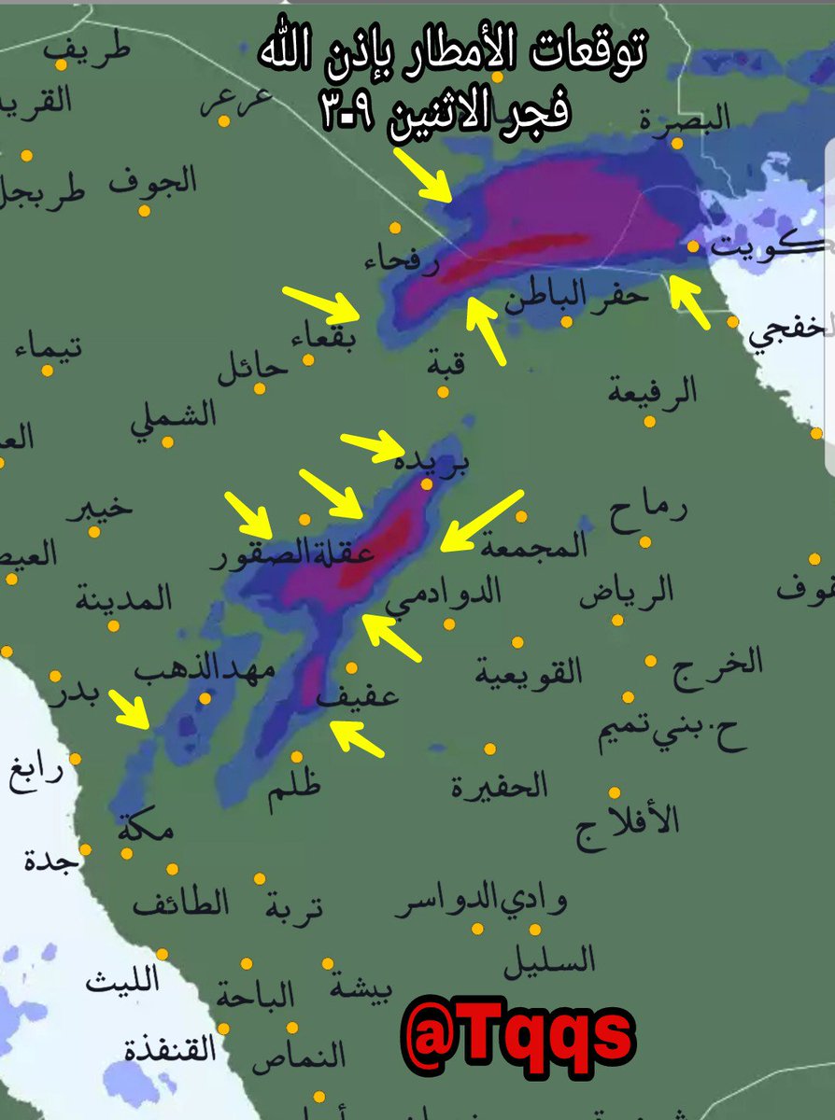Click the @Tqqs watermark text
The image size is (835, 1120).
519,1034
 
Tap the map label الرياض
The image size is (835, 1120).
639,592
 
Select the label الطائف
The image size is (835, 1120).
180,903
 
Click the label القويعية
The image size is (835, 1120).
529,670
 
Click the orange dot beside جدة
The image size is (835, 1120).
85,849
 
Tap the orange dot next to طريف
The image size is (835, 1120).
61,64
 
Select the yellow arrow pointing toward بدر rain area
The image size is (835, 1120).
130,709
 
